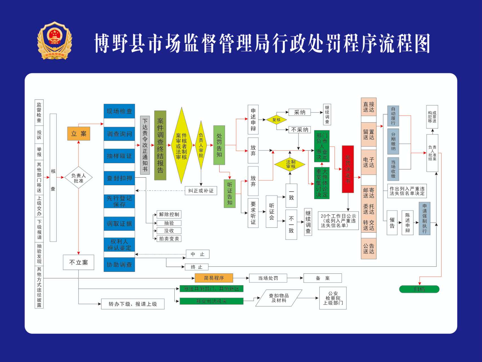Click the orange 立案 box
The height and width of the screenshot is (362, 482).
(x=79, y=133)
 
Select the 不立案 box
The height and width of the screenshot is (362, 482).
(x=79, y=262)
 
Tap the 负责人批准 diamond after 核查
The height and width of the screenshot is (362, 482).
(x=78, y=178)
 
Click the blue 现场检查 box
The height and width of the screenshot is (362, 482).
(x=119, y=111)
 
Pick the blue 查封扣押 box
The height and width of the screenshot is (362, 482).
(x=119, y=178)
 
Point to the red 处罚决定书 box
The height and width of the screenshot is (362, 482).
(x=348, y=169)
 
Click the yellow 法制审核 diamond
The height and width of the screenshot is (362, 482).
(x=290, y=164)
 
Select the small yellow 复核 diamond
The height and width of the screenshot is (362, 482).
(x=276, y=120)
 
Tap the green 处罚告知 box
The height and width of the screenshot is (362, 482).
(x=219, y=145)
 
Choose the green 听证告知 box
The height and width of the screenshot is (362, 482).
(x=229, y=193)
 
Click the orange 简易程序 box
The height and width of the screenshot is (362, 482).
(x=214, y=278)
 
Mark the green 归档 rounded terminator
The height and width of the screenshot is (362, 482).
(x=419, y=289)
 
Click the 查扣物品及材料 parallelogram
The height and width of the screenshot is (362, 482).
(x=279, y=298)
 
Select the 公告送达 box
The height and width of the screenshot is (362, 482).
(x=368, y=249)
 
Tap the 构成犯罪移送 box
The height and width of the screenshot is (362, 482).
(x=432, y=117)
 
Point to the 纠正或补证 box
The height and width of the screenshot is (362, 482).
(x=201, y=191)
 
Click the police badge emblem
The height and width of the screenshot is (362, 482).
(x=55, y=41)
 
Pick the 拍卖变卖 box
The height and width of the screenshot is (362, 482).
(x=169, y=239)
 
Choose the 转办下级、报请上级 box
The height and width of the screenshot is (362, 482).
(x=133, y=304)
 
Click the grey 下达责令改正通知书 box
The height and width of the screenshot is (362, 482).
(x=145, y=145)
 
